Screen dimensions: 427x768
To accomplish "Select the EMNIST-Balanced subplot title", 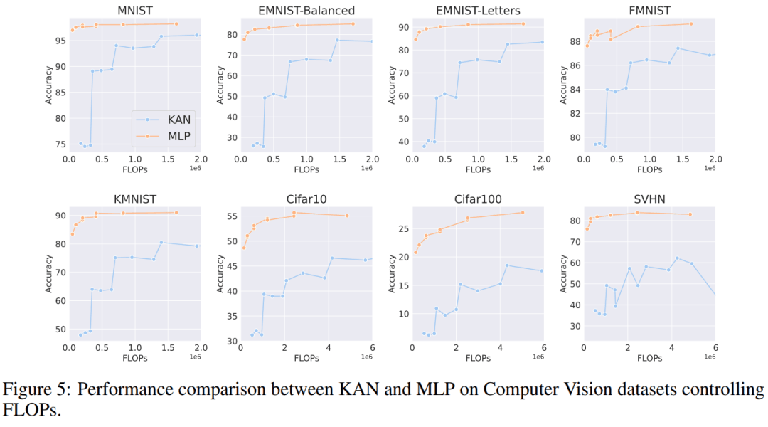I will (x=306, y=9).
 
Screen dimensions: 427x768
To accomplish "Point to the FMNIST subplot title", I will (x=649, y=9).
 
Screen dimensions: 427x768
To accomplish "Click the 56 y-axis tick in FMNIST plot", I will (x=572, y=65).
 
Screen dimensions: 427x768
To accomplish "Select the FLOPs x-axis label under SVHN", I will (x=649, y=359).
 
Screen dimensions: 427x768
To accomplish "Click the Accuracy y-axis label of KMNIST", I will (x=48, y=273).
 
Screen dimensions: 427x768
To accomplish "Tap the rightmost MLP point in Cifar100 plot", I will (x=523, y=213).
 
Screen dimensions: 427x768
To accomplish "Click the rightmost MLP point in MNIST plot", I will (x=176, y=24).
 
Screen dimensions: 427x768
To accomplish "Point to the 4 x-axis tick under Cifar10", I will (x=328, y=348).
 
